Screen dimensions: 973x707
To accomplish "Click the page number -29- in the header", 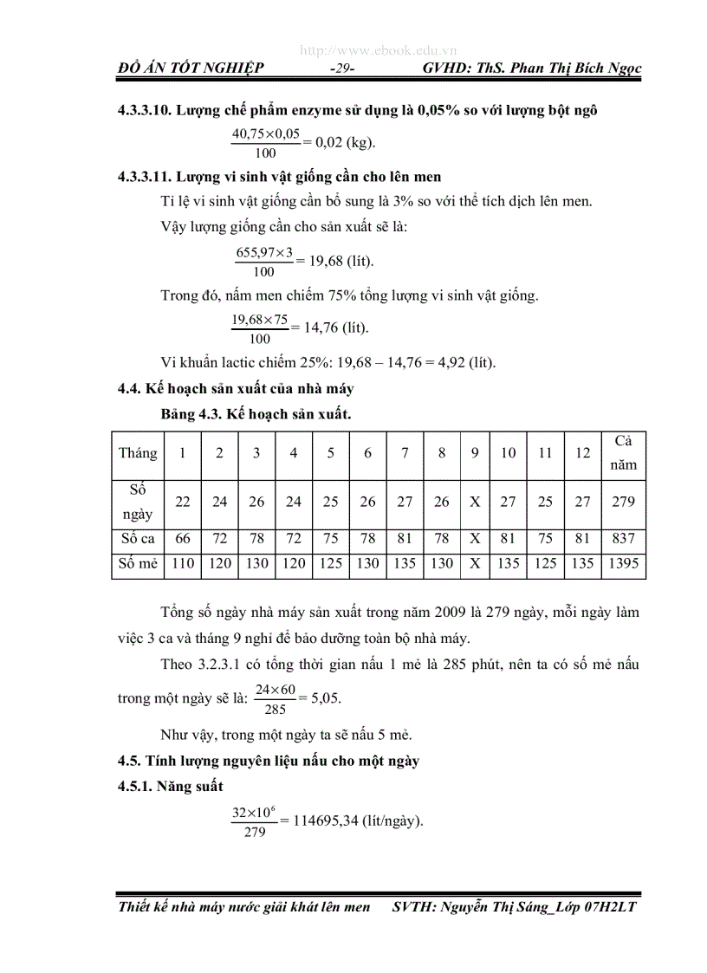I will point(343,68).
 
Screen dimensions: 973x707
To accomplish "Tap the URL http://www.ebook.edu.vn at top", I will point(379,51).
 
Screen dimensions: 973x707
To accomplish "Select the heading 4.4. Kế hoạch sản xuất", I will point(236,389).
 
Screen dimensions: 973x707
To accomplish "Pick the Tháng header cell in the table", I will point(138,453).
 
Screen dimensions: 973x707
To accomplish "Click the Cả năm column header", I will point(623,453).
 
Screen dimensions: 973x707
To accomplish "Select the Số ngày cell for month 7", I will point(405,502).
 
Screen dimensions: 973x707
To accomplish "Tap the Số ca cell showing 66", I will point(183,539).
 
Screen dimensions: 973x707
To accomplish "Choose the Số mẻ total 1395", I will point(623,564).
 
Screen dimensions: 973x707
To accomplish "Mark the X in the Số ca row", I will point(475,539).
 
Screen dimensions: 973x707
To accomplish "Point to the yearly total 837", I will point(623,539).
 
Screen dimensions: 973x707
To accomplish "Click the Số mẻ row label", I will point(138,564).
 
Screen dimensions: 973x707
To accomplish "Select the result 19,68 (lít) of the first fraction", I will point(341,261).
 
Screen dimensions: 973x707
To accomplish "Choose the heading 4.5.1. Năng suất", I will point(171,786).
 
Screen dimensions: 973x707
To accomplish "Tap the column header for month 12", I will point(583,453).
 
